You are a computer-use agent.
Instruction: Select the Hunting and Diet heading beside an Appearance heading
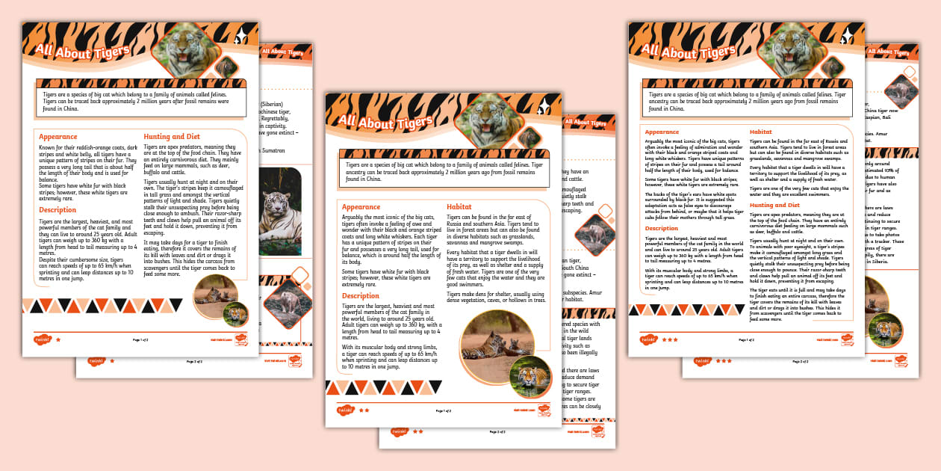click(x=172, y=137)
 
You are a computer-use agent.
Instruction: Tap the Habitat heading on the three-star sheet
click(x=760, y=132)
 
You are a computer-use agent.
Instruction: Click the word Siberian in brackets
click(x=270, y=104)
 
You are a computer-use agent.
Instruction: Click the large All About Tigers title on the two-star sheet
click(x=385, y=122)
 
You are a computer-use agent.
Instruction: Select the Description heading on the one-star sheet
click(x=58, y=210)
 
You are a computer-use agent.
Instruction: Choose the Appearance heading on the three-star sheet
click(x=662, y=132)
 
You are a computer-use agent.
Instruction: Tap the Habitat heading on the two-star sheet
click(x=459, y=206)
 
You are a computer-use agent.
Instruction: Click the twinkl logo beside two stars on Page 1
click(x=344, y=410)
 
